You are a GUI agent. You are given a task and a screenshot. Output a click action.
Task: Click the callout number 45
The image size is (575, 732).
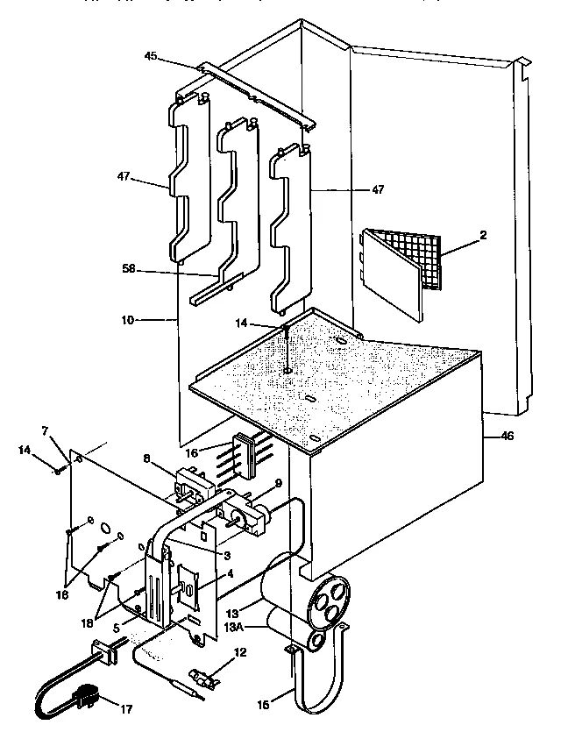[151, 57]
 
